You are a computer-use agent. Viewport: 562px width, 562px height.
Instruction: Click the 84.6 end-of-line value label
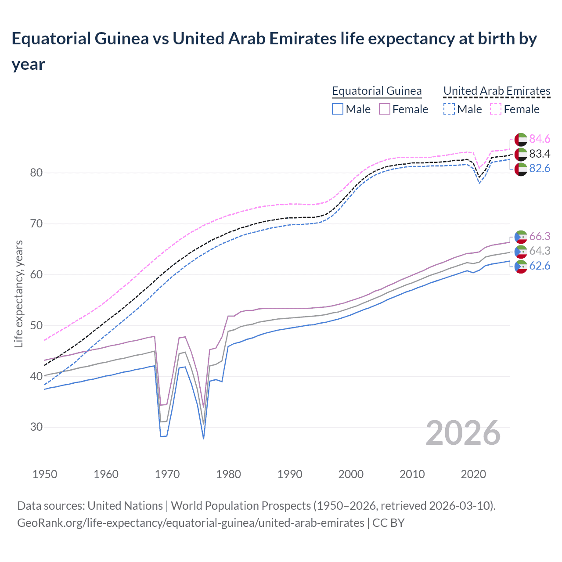pos(540,139)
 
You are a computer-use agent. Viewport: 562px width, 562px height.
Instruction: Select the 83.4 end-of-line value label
pos(540,154)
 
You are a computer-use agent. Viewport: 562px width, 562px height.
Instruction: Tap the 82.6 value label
pos(540,169)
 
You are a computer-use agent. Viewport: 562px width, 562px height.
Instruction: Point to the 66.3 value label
pos(540,236)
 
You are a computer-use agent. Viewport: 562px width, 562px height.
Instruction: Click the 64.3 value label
pos(540,251)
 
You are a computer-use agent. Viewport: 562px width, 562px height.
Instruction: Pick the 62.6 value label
pos(540,266)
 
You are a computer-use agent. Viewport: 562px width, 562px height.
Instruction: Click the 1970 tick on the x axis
pos(167,474)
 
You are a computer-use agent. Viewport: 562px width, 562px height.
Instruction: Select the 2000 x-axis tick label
pos(351,474)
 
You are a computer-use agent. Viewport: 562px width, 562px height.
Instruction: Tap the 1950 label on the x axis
pos(45,474)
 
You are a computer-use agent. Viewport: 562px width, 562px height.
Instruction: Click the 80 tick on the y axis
pos(36,173)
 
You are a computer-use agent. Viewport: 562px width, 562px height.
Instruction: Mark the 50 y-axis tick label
pos(36,325)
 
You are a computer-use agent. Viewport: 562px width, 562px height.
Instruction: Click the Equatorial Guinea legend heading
pos(377,91)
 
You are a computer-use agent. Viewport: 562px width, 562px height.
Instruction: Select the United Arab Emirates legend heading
pos(497,91)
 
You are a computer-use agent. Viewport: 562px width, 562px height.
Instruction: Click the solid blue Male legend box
pos(337,109)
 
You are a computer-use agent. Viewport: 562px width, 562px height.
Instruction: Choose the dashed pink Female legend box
pos(495,109)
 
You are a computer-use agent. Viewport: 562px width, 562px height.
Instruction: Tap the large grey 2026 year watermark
pos(463,433)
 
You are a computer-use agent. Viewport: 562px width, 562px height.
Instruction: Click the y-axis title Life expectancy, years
pos(18,294)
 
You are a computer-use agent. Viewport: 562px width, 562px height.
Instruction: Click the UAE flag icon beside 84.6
pos(521,139)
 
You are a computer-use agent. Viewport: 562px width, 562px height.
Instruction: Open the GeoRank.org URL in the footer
pos(191,523)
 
